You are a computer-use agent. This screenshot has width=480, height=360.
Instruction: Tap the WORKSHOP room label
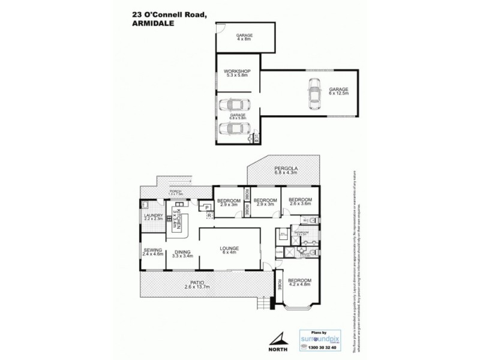click(237, 73)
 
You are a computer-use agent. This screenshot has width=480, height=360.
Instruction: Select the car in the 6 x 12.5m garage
click(313, 95)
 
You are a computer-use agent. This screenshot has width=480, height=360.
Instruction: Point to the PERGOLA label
click(286, 171)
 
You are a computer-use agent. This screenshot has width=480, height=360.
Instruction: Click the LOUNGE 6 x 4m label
click(229, 251)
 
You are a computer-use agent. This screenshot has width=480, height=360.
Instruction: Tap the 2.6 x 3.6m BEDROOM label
click(300, 202)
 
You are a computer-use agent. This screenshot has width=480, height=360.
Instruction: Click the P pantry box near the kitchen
click(207, 208)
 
